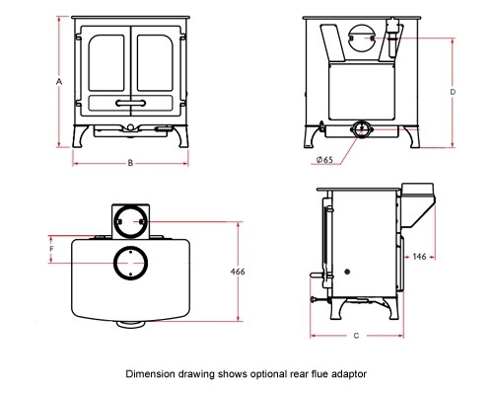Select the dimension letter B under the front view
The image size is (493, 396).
(x=131, y=162)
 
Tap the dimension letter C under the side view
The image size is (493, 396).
(x=356, y=337)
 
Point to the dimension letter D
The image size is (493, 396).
(x=453, y=91)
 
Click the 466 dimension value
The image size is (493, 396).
(x=238, y=272)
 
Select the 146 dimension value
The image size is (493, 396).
(x=419, y=256)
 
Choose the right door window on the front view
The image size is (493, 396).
(x=155, y=61)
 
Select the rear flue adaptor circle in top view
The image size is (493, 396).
(x=129, y=221)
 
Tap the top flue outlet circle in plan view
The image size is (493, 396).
(x=129, y=264)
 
